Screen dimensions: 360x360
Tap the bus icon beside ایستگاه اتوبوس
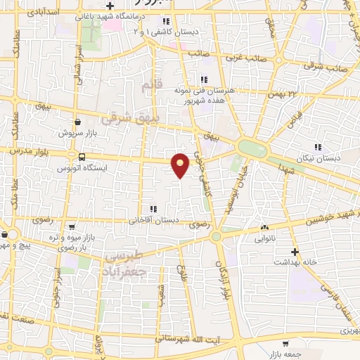pyautogui.click(x=83, y=157)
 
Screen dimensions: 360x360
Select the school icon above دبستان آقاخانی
pyautogui.click(x=153, y=209)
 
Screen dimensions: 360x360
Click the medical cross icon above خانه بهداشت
pyautogui.click(x=295, y=251)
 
